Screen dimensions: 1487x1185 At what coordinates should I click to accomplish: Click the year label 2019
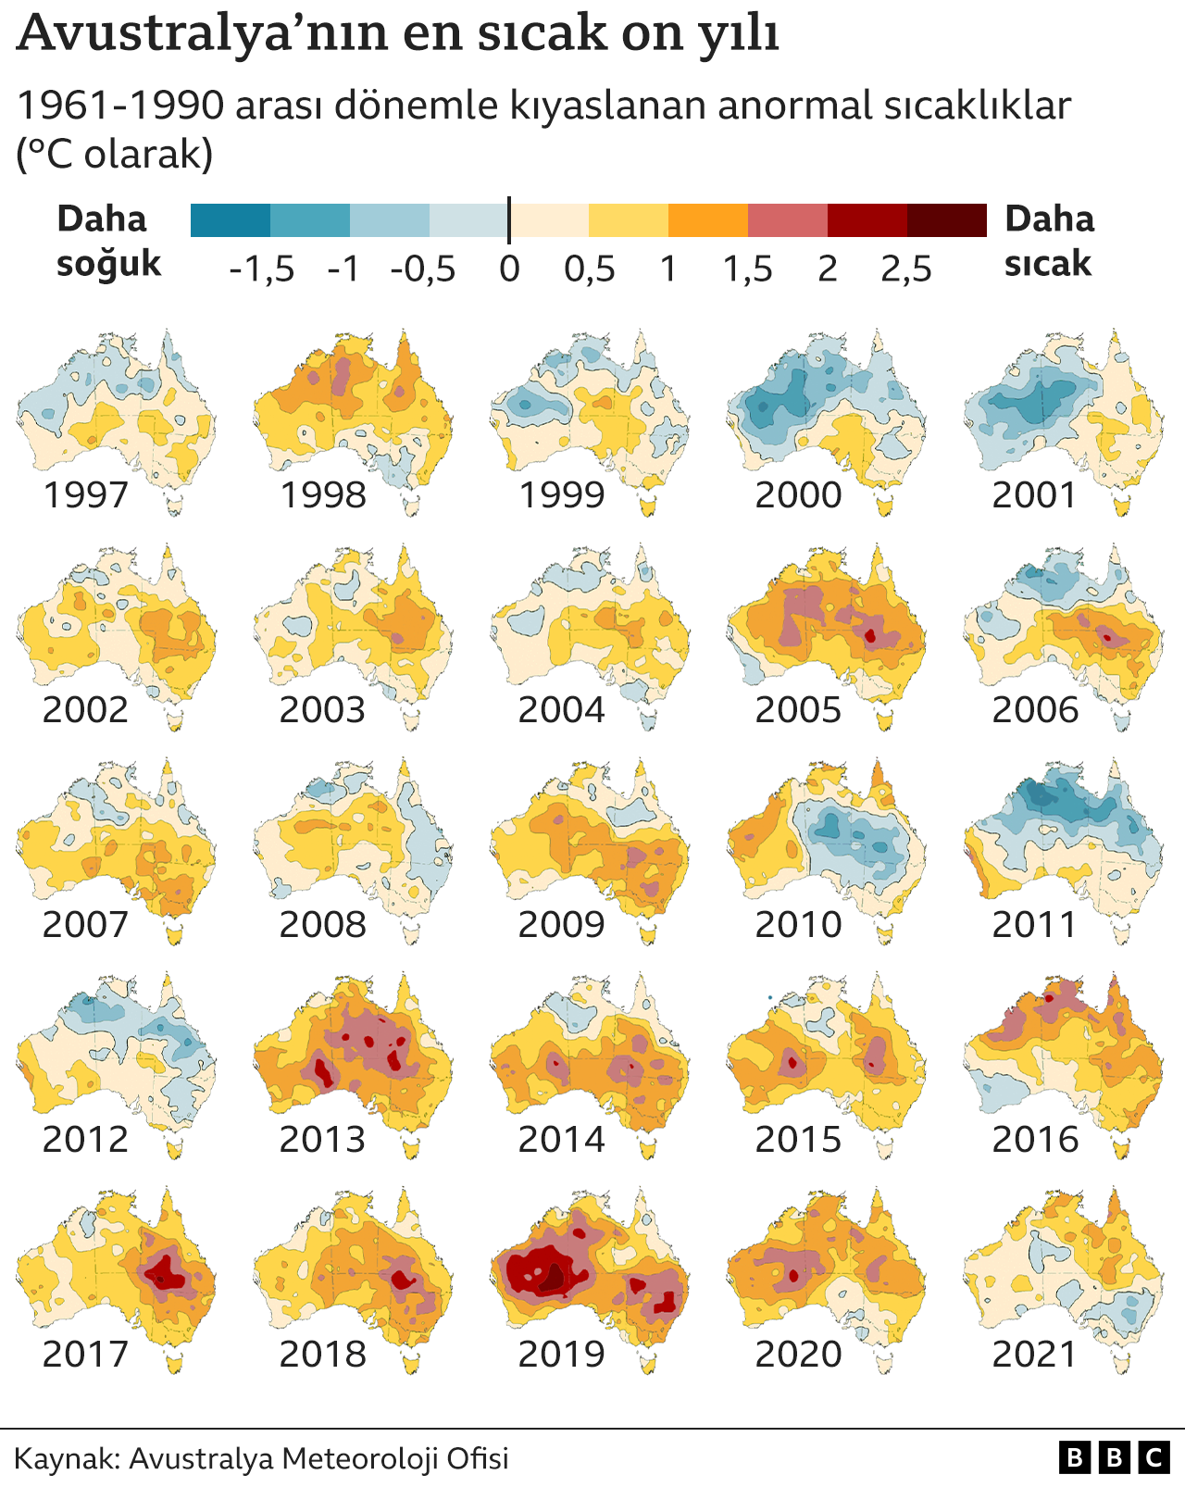click(561, 1354)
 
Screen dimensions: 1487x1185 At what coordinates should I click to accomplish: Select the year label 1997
click(86, 494)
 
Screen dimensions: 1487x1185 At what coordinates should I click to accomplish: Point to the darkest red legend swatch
click(946, 220)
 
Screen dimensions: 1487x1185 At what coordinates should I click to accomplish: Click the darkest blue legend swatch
click(231, 220)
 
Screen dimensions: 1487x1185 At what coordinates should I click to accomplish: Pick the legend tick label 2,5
click(905, 269)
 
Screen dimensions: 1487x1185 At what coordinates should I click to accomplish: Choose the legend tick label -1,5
click(262, 269)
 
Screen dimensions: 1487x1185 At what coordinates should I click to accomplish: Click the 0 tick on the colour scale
click(509, 269)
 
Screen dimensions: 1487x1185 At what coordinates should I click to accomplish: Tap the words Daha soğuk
click(108, 241)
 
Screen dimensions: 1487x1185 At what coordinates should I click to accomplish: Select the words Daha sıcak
click(1049, 241)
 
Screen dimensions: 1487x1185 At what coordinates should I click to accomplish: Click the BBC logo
click(1114, 1458)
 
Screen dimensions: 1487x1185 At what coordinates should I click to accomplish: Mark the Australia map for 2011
click(1065, 838)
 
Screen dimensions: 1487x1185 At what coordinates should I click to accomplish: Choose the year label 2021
click(1035, 1354)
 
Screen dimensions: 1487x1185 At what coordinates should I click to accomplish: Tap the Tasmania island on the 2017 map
click(173, 1362)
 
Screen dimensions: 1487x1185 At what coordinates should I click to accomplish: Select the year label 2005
click(798, 709)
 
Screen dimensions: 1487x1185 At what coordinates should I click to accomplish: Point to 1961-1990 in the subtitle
click(120, 106)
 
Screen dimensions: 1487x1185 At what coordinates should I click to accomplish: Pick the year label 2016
click(1035, 1139)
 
